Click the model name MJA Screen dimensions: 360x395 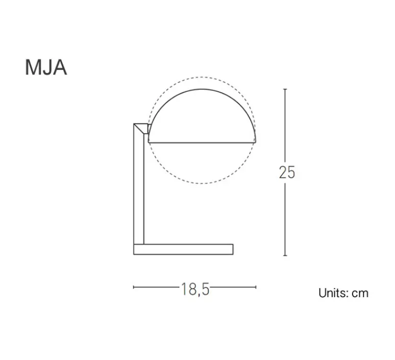[46, 68]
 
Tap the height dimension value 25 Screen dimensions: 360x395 [287, 173]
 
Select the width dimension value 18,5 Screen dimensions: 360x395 [195, 289]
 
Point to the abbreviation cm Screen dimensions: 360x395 [360, 293]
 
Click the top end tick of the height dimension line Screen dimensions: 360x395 [285, 89]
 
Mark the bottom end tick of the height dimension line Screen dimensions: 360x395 [285, 255]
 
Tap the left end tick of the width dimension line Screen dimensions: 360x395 [134, 287]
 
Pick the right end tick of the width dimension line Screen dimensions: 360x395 [256, 287]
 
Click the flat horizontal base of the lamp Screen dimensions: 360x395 [183, 249]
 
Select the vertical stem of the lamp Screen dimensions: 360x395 [139, 189]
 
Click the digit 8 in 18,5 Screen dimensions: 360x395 [191, 289]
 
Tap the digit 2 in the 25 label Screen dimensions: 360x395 [283, 173]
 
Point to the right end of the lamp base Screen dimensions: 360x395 [232, 249]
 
